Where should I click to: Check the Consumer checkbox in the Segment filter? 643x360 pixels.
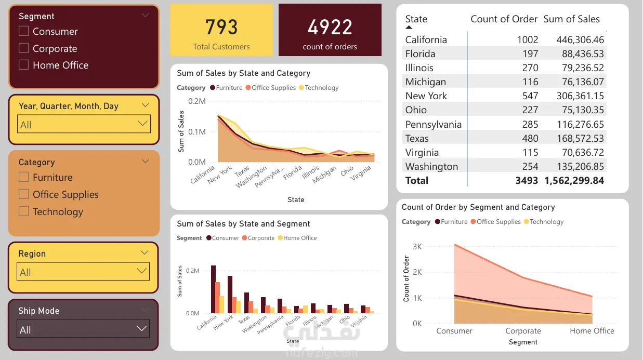point(23,31)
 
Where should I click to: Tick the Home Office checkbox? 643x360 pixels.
point(23,65)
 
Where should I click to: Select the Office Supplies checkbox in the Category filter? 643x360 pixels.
point(23,194)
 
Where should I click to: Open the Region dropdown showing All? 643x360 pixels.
point(83,272)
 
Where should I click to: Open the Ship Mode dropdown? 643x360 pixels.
point(83,329)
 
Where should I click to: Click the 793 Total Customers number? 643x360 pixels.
point(221,27)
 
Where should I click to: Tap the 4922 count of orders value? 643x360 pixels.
point(330,27)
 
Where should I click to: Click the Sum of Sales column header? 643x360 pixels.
point(571,19)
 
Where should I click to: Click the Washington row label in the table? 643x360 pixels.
point(431,167)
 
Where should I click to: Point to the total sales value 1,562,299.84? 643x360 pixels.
point(574,181)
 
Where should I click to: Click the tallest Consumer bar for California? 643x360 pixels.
point(213,289)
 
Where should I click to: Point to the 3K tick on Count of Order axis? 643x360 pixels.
point(417,246)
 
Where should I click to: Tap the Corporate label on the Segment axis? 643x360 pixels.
point(523,331)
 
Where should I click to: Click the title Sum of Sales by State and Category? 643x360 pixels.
point(243,73)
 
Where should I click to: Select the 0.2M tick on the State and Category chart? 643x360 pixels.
point(197,101)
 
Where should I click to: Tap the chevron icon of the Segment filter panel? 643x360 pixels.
point(146,16)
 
